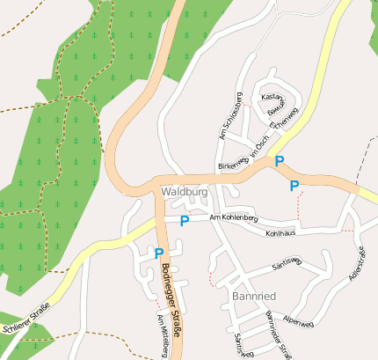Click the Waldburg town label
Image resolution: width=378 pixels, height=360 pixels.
(184, 191)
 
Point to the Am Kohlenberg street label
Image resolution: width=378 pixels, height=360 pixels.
(233, 217)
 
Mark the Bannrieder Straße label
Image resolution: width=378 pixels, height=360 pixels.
(277, 336)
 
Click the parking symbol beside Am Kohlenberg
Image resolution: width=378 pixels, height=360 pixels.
(184, 221)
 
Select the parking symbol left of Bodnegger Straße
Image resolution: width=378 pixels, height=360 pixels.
(159, 253)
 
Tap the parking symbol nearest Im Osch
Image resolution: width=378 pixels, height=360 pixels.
(280, 161)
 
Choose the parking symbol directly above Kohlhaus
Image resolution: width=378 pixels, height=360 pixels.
(294, 185)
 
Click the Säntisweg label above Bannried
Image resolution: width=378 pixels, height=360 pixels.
(287, 261)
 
